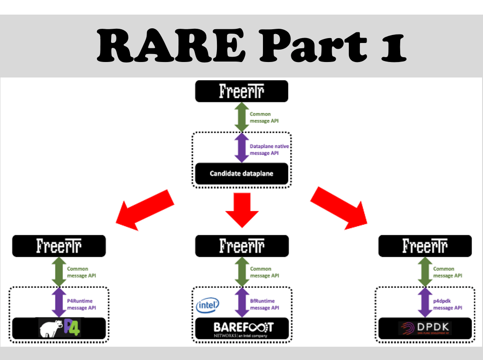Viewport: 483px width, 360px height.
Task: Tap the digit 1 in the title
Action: [x=392, y=46]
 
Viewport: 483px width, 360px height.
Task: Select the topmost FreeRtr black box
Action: [x=242, y=91]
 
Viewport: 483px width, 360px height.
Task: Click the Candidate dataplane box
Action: [x=242, y=174]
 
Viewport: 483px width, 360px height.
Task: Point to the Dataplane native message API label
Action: [x=266, y=150]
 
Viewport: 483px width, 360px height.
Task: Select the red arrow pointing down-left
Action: [x=145, y=209]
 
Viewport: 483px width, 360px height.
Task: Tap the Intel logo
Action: [x=207, y=305]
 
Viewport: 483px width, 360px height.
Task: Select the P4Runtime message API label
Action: [x=81, y=304]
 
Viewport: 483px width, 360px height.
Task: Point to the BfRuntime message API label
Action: [x=265, y=304]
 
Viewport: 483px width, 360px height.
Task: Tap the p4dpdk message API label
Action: [x=447, y=304]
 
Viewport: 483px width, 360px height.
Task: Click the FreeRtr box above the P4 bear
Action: [x=59, y=246]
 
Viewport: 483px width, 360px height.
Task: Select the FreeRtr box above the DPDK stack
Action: [x=425, y=246]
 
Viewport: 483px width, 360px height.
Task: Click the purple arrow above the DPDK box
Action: [x=425, y=302]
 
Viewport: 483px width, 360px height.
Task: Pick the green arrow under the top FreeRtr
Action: [x=242, y=117]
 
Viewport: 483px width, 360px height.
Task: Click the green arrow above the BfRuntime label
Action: [x=242, y=272]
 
